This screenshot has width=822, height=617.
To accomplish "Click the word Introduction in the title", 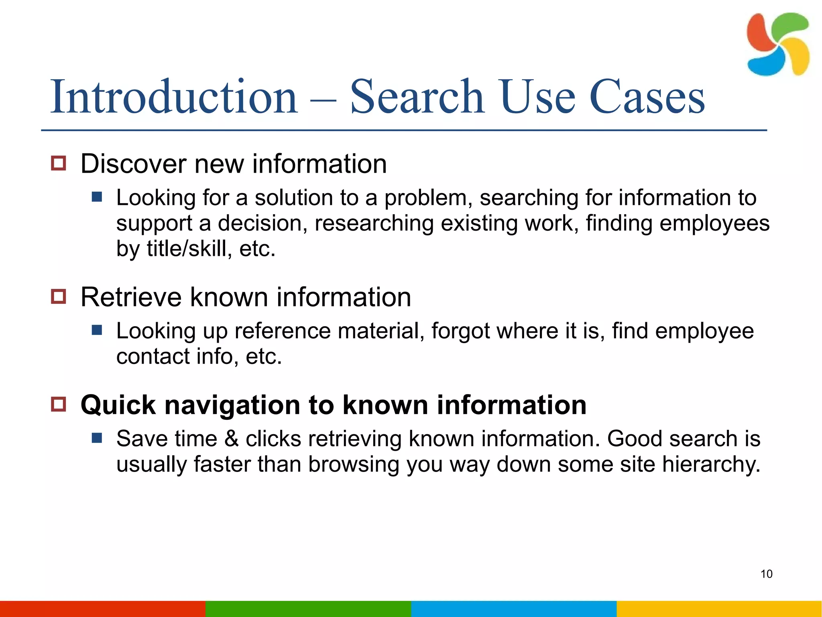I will [173, 97].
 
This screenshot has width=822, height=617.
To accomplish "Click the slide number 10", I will [766, 574].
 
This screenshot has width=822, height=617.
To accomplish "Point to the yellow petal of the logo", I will [797, 56].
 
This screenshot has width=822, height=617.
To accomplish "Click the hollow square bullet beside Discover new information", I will [59, 163].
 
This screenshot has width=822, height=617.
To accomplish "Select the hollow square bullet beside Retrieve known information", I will [59, 297].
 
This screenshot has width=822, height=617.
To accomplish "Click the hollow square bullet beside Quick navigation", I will [59, 404].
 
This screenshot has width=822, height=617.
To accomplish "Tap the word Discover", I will [134, 164].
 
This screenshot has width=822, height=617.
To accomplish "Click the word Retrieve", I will [131, 297].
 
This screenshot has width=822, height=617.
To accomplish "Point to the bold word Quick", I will [118, 405].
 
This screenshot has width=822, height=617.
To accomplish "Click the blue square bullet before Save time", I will [97, 438].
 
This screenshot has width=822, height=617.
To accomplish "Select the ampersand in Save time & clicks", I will [232, 439].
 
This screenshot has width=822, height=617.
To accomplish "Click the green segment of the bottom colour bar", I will [308, 609].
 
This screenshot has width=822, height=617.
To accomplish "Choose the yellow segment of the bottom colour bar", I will [719, 609].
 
